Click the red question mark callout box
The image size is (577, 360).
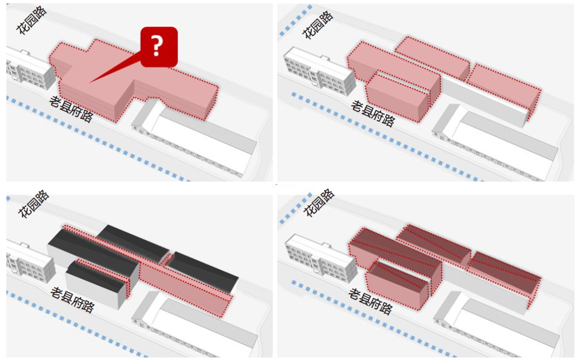(x=159, y=47)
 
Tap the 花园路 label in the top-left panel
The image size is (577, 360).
(x=32, y=20)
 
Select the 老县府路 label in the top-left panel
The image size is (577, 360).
(x=71, y=109)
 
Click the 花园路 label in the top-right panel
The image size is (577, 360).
(x=318, y=25)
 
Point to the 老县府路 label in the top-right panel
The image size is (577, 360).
(x=373, y=114)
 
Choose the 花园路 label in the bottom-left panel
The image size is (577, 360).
(x=34, y=204)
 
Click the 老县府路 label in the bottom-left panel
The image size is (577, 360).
(x=72, y=300)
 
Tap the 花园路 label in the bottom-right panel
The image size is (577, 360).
(x=318, y=203)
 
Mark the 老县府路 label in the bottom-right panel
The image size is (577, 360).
(x=370, y=301)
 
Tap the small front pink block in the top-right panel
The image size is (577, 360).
(x=397, y=97)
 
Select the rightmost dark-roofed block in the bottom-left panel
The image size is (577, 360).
(x=201, y=270)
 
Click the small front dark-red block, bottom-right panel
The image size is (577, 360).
(x=397, y=284)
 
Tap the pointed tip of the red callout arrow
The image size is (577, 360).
(x=90, y=82)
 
